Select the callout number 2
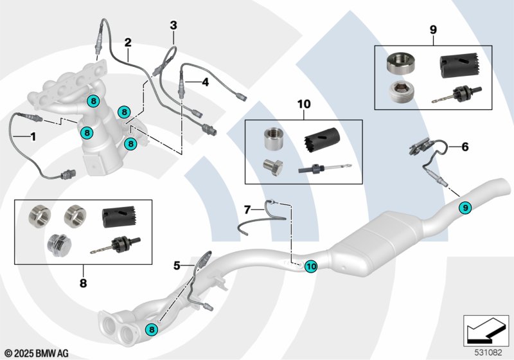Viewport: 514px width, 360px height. click(x=128, y=42)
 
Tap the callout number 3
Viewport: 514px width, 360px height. click(x=173, y=26)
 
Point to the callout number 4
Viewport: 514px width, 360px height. click(x=205, y=82)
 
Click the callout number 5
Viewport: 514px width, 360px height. click(x=177, y=264)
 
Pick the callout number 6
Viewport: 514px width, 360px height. click(x=465, y=147)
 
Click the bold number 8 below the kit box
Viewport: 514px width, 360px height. click(x=83, y=281)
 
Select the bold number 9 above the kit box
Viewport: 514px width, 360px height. click(x=433, y=30)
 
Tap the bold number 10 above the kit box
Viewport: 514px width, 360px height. click(x=303, y=104)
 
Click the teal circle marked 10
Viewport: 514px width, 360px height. click(x=310, y=265)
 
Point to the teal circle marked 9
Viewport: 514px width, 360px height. click(x=465, y=207)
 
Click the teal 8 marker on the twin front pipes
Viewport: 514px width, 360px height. click(x=152, y=329)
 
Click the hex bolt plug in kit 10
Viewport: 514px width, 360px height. click(x=272, y=167)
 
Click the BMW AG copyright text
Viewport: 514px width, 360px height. click(x=36, y=353)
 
